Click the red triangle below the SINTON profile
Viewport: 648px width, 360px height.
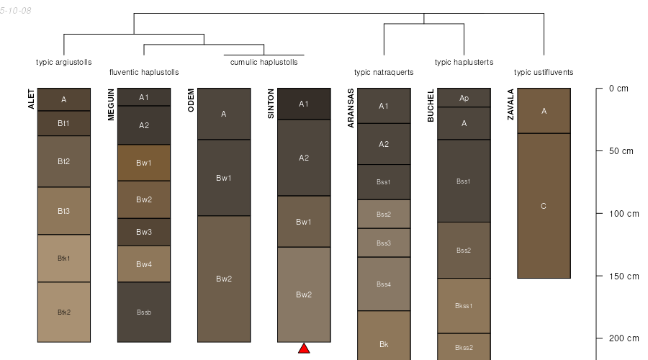pyautogui.click(x=304, y=348)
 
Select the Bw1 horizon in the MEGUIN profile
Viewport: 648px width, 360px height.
pyautogui.click(x=144, y=163)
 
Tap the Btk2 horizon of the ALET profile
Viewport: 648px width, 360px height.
pyautogui.click(x=64, y=312)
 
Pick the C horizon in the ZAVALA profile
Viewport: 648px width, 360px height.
pyautogui.click(x=544, y=206)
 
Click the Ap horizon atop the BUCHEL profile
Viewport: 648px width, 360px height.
pyautogui.click(x=464, y=97)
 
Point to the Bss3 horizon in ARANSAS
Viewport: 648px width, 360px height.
pyautogui.click(x=384, y=243)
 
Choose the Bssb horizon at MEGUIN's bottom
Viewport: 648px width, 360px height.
pyautogui.click(x=144, y=312)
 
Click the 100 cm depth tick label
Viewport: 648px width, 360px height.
pyautogui.click(x=624, y=214)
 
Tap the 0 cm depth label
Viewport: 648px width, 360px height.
pyautogui.click(x=618, y=89)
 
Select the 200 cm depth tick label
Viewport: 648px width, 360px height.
pyautogui.click(x=624, y=338)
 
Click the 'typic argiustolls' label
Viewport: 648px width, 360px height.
pyautogui.click(x=63, y=63)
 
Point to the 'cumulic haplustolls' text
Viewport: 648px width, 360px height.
pyautogui.click(x=264, y=63)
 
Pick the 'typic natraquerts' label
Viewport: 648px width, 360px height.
pyautogui.click(x=384, y=72)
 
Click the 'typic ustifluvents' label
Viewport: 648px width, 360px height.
pyautogui.click(x=544, y=72)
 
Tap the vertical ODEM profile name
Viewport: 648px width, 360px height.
pyautogui.click(x=191, y=100)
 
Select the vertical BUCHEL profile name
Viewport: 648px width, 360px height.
pyautogui.click(x=431, y=105)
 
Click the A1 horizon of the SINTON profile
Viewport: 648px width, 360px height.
pyautogui.click(x=304, y=104)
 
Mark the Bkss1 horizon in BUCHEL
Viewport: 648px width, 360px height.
pyautogui.click(x=464, y=306)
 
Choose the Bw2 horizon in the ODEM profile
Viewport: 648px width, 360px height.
pyautogui.click(x=224, y=279)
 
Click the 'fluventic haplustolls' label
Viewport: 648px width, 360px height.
pyautogui.click(x=144, y=72)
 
